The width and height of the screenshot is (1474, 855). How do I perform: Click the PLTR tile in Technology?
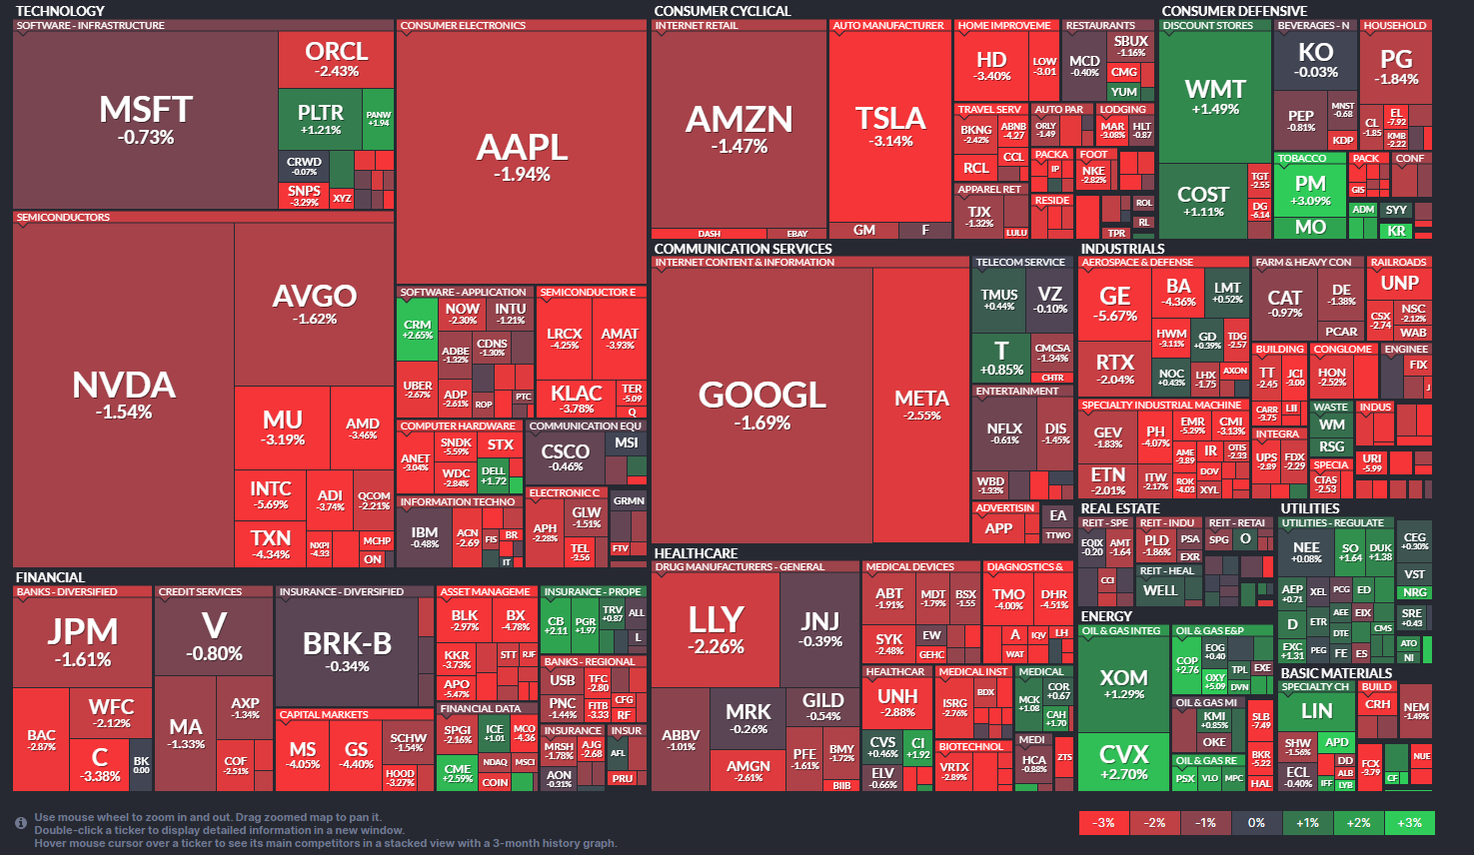click(320, 119)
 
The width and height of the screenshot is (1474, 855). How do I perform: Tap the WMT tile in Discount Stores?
click(1214, 96)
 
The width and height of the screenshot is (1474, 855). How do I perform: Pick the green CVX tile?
click(1123, 761)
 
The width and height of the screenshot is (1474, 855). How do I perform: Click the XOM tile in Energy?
click(1123, 683)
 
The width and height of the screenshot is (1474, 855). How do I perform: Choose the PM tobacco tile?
click(1310, 190)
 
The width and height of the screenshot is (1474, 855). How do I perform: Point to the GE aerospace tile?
click(1114, 303)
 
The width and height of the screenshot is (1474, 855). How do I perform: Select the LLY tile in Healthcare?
click(715, 628)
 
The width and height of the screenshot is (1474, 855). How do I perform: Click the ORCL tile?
click(336, 58)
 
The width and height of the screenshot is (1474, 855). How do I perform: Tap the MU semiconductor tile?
click(283, 427)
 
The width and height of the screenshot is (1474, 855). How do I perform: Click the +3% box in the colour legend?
click(1409, 823)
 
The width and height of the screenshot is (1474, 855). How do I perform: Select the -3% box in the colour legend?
click(1104, 823)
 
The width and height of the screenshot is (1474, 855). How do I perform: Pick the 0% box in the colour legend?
click(1256, 823)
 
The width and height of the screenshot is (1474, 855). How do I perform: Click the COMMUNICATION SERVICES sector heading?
click(742, 249)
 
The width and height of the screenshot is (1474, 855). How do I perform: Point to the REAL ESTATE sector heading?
click(1119, 508)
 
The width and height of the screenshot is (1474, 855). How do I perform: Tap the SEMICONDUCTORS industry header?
click(63, 217)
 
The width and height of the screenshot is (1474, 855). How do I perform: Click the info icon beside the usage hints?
click(21, 823)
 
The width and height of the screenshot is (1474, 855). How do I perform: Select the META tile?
click(921, 405)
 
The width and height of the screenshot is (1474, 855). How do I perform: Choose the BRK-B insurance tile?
click(347, 651)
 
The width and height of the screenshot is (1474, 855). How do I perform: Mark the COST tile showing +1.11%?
click(1202, 200)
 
